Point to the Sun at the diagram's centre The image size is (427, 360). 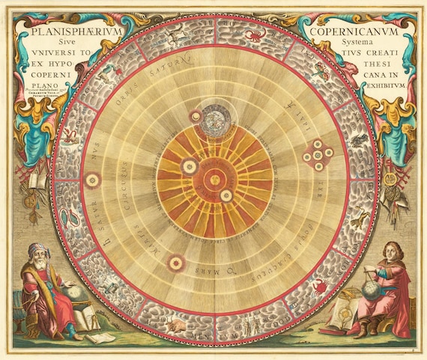[x=214, y=178]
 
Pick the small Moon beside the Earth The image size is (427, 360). [x=196, y=115]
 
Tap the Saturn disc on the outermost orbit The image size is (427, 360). [x=93, y=180]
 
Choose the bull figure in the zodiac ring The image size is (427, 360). [x=178, y=326]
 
